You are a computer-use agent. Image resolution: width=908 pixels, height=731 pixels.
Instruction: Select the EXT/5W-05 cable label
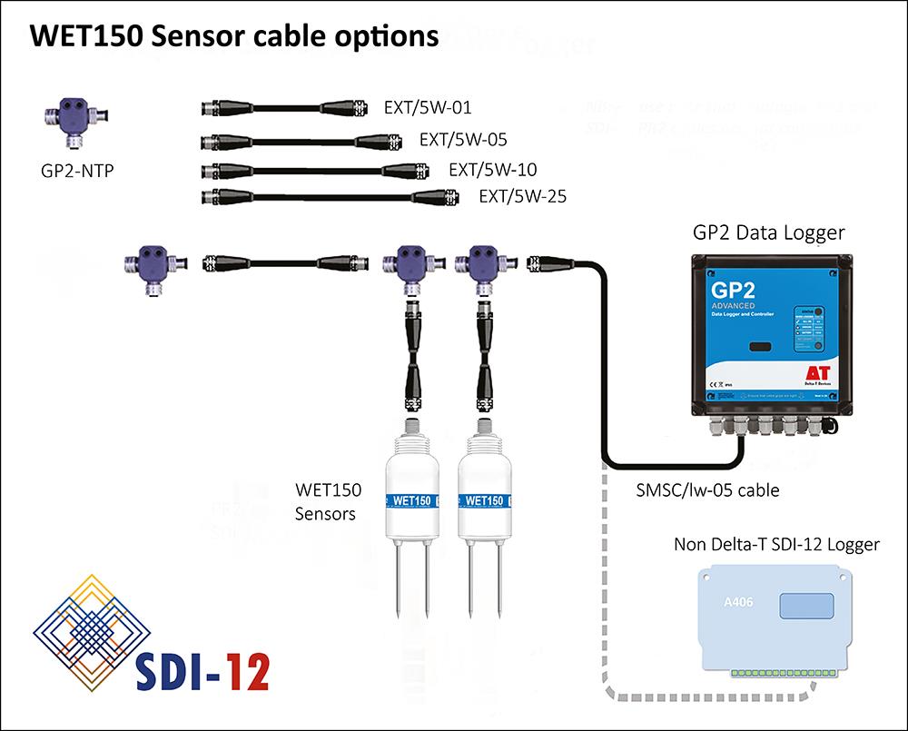(463, 140)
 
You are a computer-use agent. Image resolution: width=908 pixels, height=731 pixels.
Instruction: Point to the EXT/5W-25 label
(522, 195)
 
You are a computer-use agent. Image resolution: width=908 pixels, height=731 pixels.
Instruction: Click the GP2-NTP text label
(78, 170)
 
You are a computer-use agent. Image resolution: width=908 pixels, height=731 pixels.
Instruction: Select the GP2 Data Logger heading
(768, 232)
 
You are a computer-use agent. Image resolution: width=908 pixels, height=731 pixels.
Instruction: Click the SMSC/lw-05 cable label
(707, 491)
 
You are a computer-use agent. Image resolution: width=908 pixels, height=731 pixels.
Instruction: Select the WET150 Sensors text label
(328, 502)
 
